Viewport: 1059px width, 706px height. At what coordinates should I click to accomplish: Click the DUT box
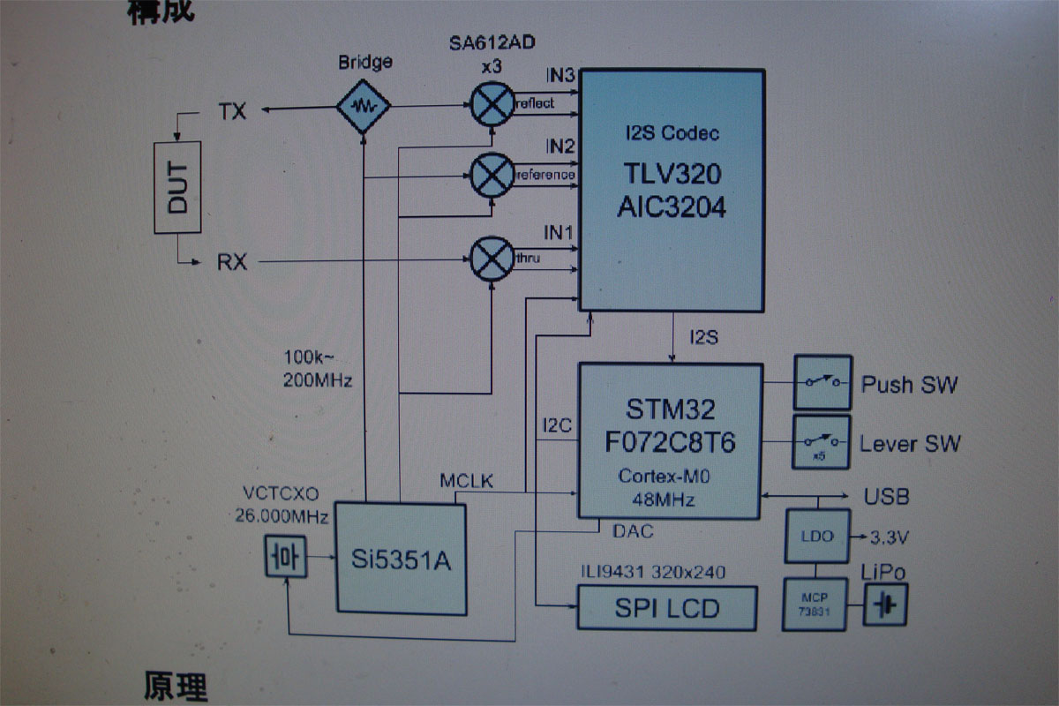[177, 186]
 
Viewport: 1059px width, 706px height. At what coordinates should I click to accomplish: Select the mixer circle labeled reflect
[490, 104]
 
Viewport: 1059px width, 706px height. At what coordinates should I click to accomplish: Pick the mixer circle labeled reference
[490, 175]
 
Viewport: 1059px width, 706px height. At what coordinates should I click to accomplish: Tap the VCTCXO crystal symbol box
[287, 557]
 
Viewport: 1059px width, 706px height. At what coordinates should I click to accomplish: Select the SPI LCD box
[667, 608]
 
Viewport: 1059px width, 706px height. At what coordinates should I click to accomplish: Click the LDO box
[816, 536]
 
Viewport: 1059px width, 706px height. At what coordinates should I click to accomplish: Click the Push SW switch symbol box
[822, 382]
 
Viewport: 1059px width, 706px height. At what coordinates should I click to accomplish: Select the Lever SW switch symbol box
[822, 442]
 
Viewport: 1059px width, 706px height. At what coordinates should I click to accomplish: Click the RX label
[232, 261]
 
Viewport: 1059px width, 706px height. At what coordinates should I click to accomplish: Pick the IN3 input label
[560, 75]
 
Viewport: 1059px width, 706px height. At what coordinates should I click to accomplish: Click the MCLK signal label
[467, 481]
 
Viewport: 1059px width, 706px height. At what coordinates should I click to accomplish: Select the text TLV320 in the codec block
[672, 173]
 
